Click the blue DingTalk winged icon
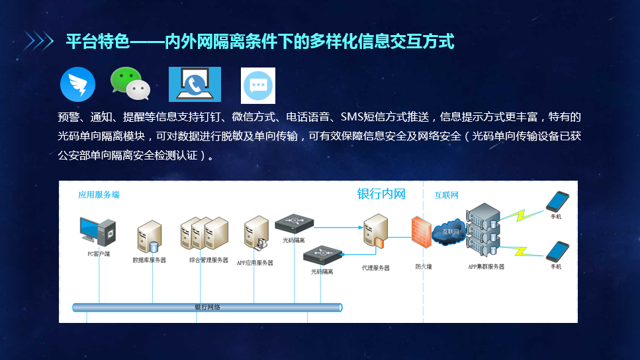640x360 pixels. [x=77, y=84]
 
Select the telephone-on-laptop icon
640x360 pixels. [x=195, y=84]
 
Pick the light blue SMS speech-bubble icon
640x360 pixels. [x=257, y=85]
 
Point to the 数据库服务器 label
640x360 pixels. [x=149, y=260]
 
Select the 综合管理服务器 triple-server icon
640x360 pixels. [x=204, y=234]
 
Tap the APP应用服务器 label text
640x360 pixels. [x=255, y=263]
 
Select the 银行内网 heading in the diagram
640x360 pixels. [x=381, y=194]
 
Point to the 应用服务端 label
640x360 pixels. [x=98, y=195]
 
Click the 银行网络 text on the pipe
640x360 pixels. [x=207, y=308]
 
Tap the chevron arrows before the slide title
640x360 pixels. [x=39, y=42]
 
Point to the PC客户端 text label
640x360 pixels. [x=98, y=253]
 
